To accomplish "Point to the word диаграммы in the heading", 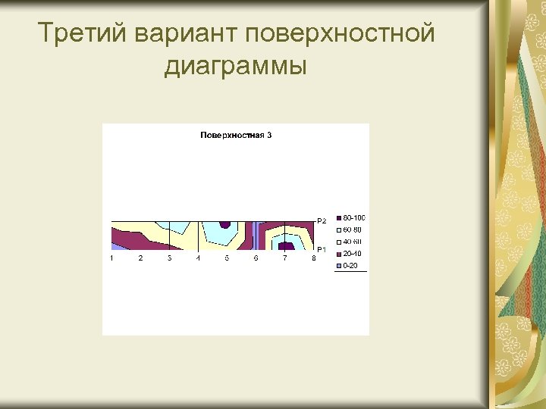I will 235,66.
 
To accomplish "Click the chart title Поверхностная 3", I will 236,136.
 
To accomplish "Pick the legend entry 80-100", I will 353,218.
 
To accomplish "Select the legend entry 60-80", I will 353,229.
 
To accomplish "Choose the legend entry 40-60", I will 353,242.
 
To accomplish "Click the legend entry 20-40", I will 353,254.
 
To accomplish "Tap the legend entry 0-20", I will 350,266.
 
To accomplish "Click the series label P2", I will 322,221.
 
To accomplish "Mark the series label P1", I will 322,249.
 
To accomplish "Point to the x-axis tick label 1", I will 111,258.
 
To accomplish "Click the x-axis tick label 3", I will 169,258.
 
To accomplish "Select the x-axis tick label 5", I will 227,258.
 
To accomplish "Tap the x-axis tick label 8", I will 313,258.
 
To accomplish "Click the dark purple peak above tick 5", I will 224,224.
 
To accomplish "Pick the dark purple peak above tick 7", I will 286,246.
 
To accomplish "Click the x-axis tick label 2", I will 140,258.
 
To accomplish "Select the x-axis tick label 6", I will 256,258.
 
